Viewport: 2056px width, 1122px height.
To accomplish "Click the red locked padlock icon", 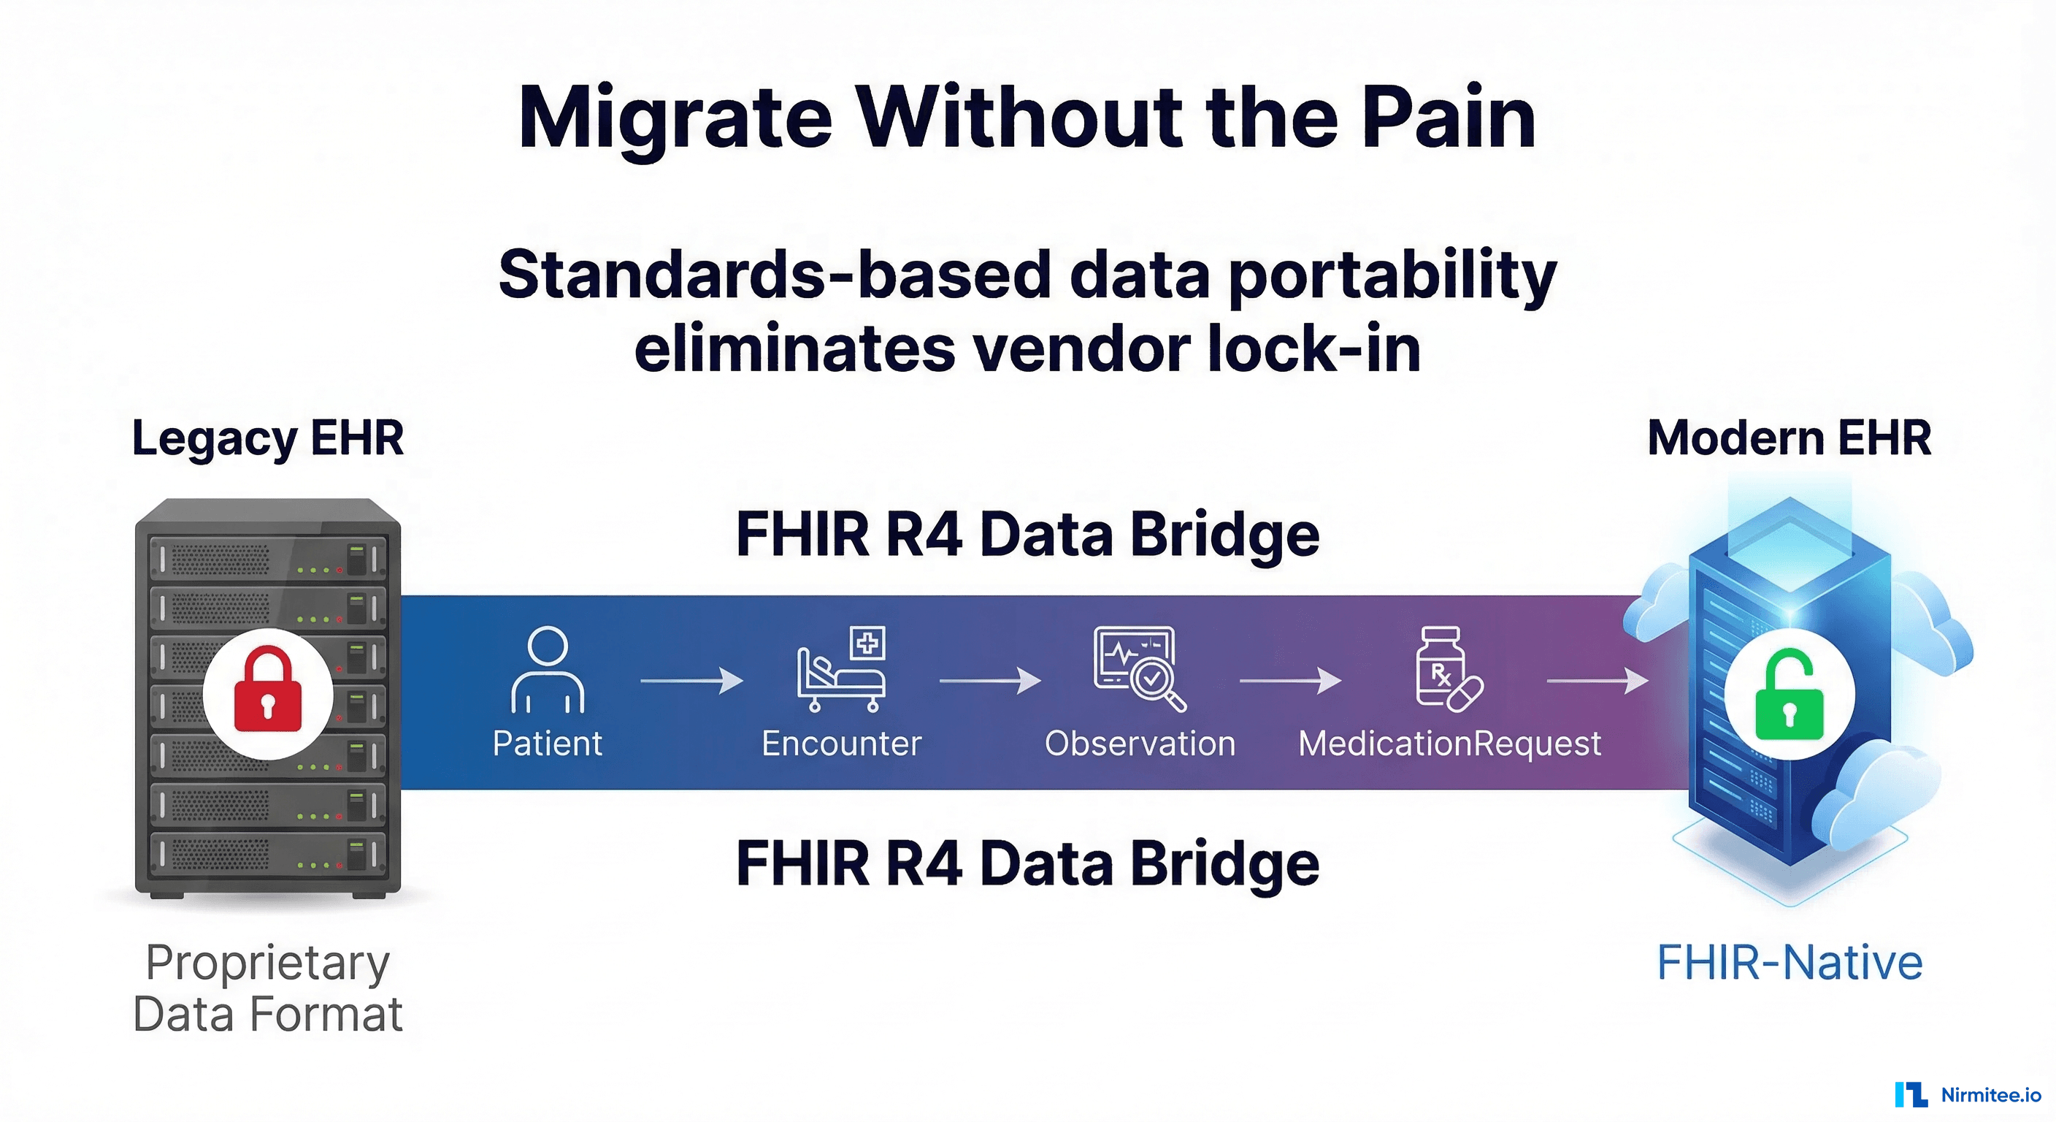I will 267,692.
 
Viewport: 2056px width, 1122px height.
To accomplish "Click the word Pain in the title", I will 1448,118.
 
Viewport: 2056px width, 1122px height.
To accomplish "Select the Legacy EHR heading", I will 267,438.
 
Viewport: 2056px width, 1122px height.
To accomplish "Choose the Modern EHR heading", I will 1789,438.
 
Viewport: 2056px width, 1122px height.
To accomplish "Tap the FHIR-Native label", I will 1789,962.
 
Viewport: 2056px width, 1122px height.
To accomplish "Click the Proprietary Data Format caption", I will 267,988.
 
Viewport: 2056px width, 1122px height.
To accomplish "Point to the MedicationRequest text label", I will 1449,744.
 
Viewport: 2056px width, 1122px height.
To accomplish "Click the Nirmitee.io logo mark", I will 1911,1094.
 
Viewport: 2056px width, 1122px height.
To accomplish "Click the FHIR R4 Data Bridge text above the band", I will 1027,534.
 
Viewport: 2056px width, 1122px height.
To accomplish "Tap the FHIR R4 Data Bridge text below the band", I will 1027,864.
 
